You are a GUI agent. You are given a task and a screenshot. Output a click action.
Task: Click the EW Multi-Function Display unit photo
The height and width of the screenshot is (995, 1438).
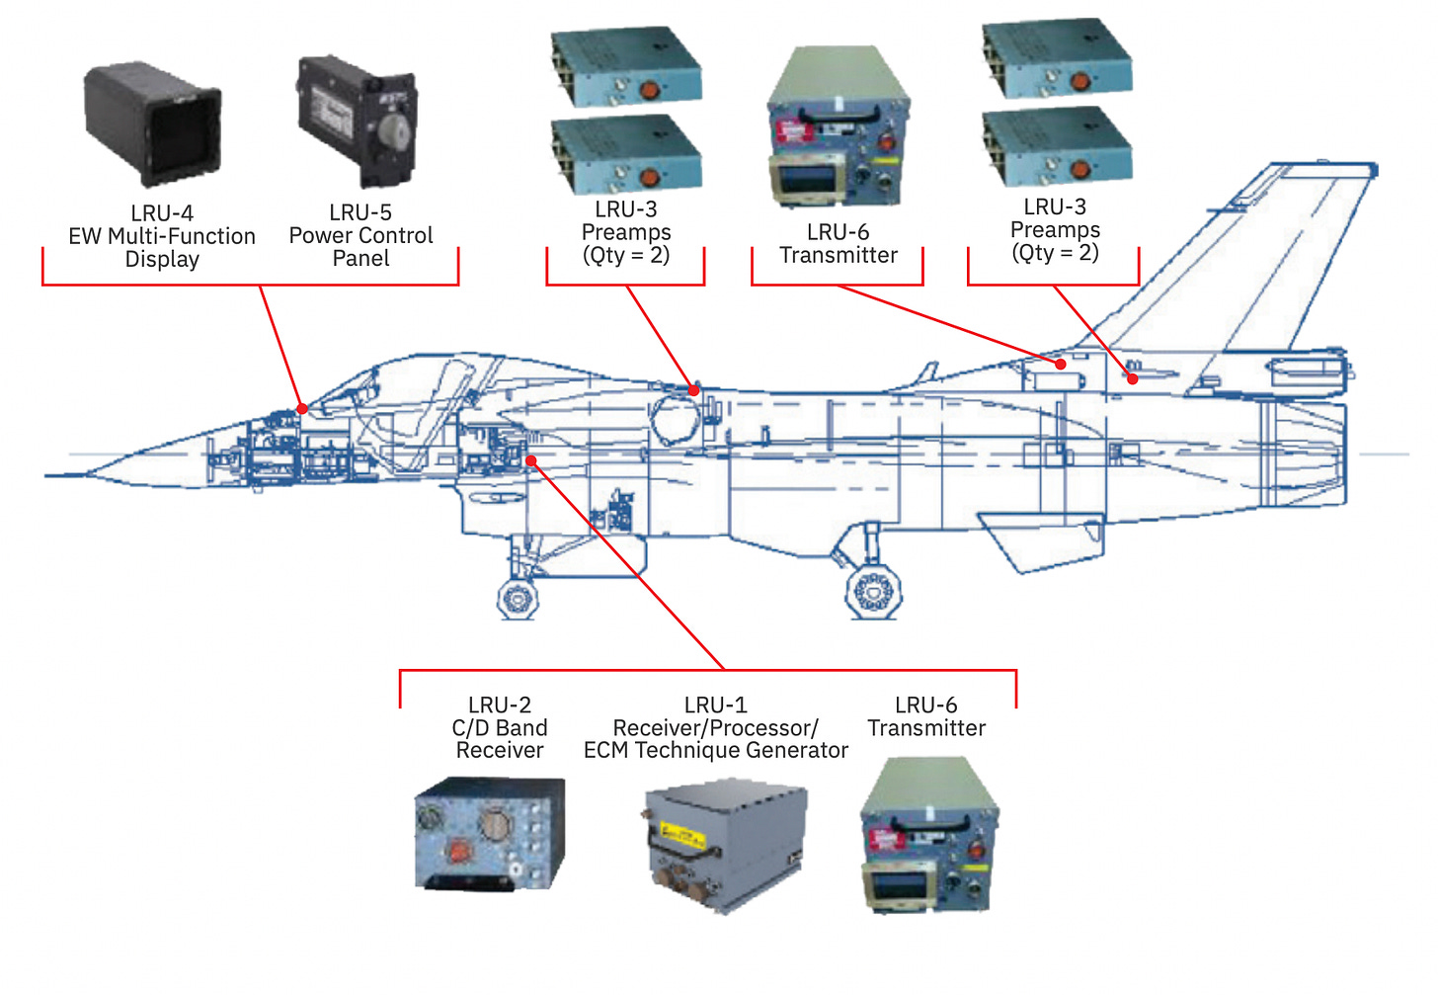(x=153, y=124)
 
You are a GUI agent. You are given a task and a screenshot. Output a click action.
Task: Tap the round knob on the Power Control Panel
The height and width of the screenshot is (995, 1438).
(x=392, y=130)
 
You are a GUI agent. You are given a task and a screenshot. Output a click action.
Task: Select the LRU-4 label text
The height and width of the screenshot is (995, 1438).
(x=162, y=213)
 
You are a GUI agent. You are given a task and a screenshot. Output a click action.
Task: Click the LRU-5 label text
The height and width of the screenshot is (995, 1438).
(x=360, y=212)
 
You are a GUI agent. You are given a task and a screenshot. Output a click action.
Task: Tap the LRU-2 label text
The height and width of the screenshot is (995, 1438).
(x=500, y=705)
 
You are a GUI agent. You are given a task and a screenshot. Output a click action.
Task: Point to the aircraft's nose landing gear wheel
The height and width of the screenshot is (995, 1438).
(x=518, y=598)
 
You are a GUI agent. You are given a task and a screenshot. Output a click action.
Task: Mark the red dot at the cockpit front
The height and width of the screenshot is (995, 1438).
(x=302, y=408)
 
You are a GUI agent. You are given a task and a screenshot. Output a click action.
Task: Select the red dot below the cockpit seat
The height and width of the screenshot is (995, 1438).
(x=531, y=460)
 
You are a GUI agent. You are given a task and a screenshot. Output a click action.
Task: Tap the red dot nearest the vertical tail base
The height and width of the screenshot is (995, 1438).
(x=1133, y=378)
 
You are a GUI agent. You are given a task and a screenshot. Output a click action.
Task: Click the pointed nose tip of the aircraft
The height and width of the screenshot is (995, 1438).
(x=49, y=475)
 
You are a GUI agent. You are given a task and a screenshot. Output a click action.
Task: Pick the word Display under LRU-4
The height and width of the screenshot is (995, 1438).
(x=162, y=260)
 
